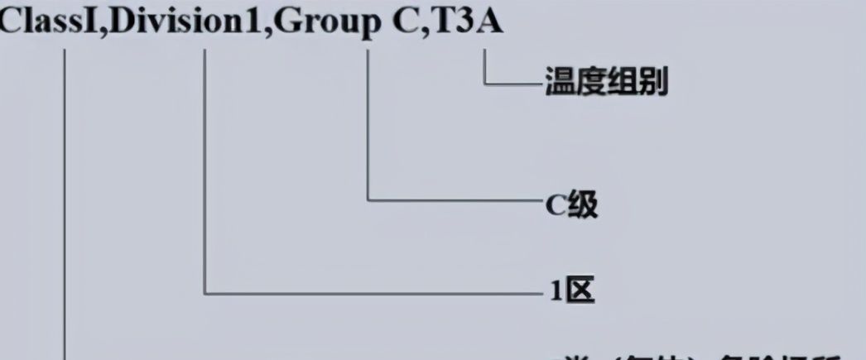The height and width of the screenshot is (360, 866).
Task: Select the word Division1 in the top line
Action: pos(185,22)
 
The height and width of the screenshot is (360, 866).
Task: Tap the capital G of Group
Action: pos(286,22)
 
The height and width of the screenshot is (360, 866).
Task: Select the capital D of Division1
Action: pos(123,22)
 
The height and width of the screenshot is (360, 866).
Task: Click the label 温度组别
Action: pos(607,84)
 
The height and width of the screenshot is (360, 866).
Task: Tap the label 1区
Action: pos(571,291)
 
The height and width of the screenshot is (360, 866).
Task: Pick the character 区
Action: pos(582,291)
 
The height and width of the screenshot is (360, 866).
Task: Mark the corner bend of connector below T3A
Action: pos(484,83)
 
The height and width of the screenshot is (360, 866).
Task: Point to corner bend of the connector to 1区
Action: pos(205,291)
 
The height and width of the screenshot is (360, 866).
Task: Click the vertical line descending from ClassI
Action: pos(65,207)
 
